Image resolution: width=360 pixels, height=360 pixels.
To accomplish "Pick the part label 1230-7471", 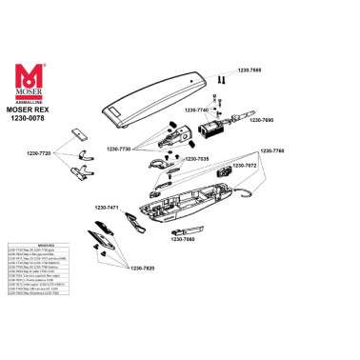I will tap(106, 207).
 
